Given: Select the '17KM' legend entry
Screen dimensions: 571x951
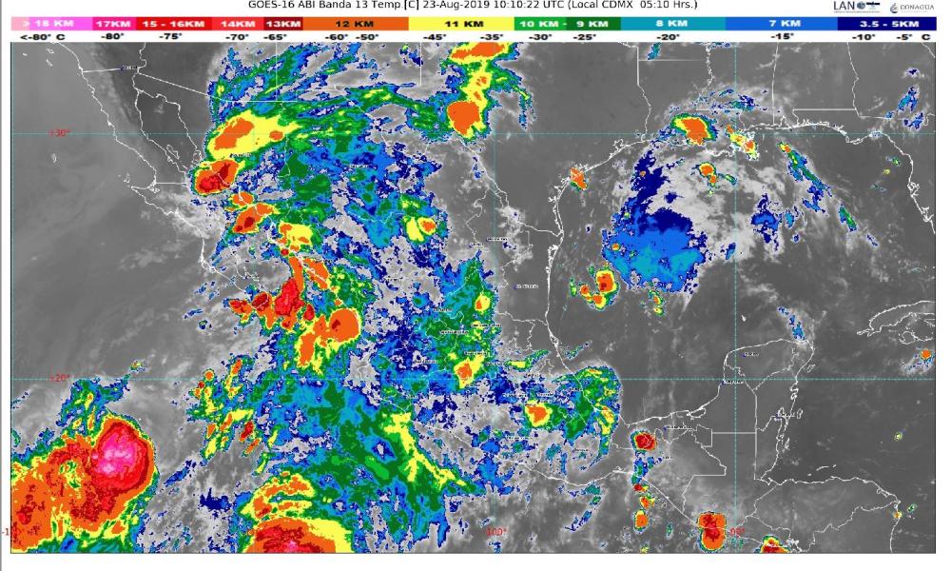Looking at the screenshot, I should point(114,22).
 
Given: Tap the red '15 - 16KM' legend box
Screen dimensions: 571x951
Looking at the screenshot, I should point(173,22).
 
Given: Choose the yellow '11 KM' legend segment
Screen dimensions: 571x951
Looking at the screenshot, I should point(463,22).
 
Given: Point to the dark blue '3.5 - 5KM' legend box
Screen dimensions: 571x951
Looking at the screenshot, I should point(886,22).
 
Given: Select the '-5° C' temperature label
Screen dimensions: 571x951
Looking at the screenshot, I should point(916,36).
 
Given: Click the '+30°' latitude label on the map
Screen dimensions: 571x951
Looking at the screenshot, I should point(60,133).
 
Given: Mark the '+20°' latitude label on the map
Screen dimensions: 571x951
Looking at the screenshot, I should point(60,378).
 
